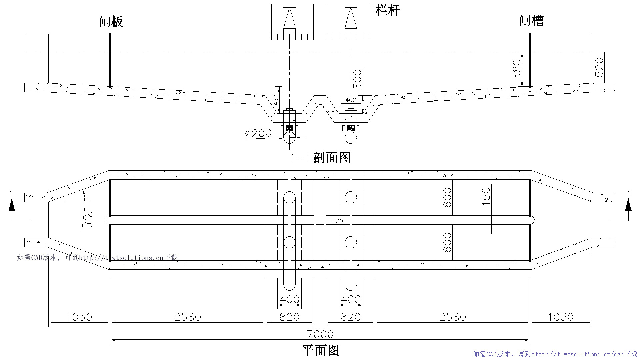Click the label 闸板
click(111, 22)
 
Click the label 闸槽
click(531, 21)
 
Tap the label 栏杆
click(388, 10)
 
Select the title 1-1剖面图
click(320, 158)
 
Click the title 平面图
click(320, 350)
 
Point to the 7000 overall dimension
click(320, 334)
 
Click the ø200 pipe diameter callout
click(258, 133)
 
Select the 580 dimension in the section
click(517, 69)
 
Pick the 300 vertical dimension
click(357, 79)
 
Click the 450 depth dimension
click(276, 100)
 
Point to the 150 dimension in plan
click(486, 196)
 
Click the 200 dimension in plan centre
click(337, 221)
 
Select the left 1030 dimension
click(79, 317)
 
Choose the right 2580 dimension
click(452, 317)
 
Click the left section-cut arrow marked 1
click(12, 205)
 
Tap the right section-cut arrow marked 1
click(628, 205)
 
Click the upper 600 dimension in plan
click(447, 197)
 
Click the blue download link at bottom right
click(555, 354)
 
